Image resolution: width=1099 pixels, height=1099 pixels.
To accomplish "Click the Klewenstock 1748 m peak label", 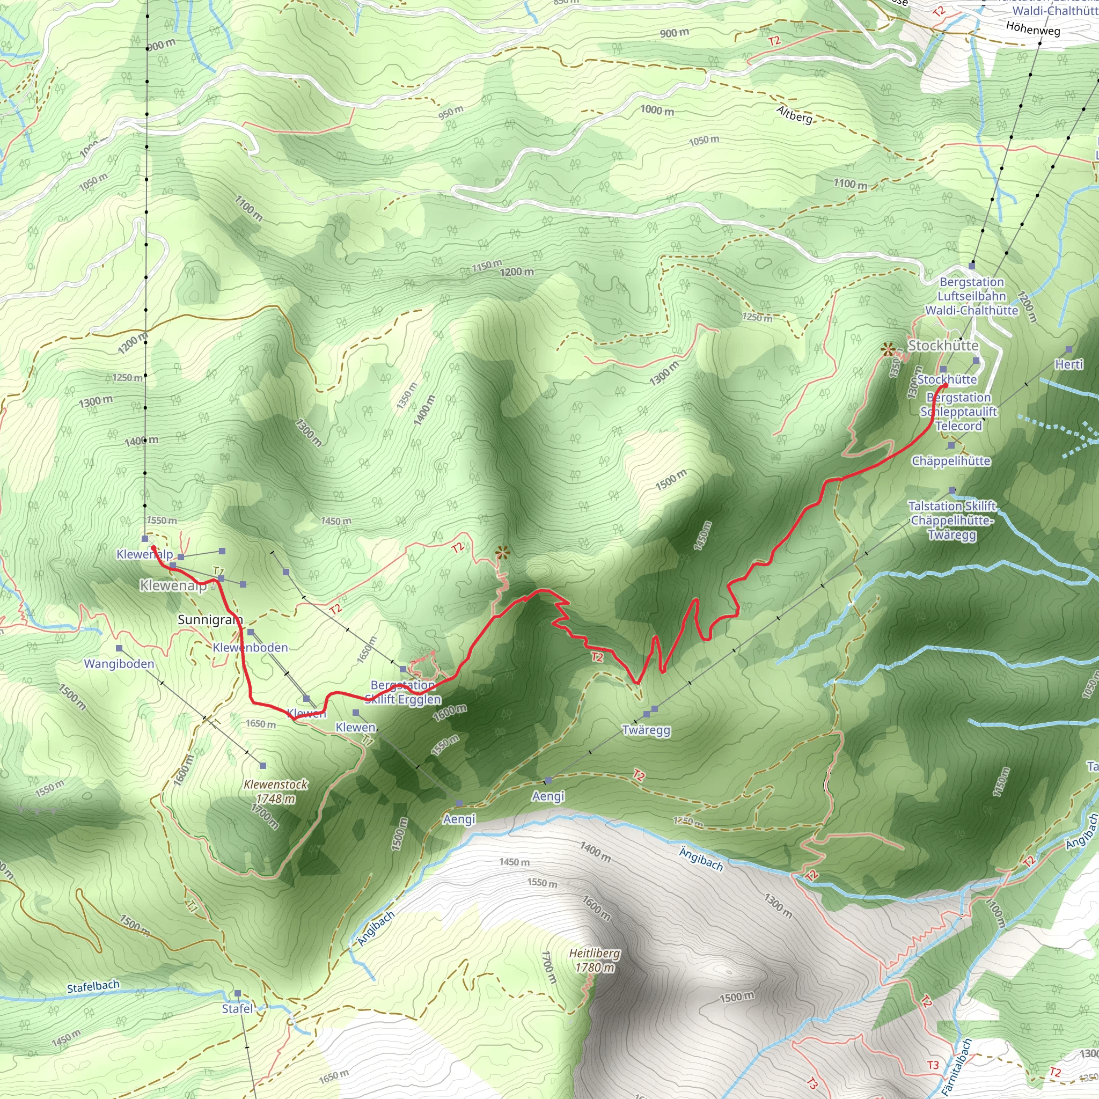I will [276, 792].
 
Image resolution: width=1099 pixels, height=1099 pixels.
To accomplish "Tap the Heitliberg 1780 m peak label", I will [595, 960].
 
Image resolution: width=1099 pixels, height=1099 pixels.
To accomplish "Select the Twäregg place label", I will [646, 730].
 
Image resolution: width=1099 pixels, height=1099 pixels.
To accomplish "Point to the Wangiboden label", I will [119, 664].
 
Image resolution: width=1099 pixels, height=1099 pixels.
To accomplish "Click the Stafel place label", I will [237, 1008].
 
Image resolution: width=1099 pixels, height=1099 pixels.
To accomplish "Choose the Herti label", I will [1069, 364].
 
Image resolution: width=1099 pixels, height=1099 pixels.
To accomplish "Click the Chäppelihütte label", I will [951, 461].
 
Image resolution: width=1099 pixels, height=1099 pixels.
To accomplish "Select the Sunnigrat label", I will [210, 619].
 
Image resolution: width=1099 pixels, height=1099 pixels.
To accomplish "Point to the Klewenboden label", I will [250, 647].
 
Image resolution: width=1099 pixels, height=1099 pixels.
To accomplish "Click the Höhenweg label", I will [1033, 28].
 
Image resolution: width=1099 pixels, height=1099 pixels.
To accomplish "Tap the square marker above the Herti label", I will [1069, 349].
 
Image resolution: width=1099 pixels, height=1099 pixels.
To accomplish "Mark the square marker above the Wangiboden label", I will [119, 648].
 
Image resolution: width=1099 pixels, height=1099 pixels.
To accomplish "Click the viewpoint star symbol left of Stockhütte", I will [888, 350].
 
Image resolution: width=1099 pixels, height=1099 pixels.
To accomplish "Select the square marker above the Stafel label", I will [238, 994].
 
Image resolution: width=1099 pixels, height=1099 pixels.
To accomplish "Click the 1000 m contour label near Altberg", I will [657, 110].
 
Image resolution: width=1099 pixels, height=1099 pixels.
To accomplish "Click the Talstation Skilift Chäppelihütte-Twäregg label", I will [951, 520].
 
